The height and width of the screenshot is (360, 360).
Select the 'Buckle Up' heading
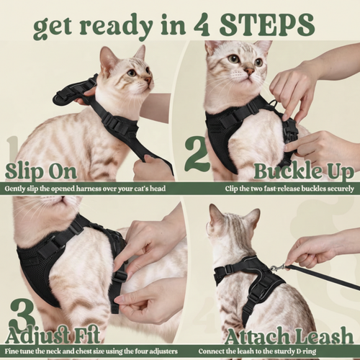point(302,171)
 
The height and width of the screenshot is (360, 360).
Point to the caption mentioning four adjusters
point(90,352)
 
